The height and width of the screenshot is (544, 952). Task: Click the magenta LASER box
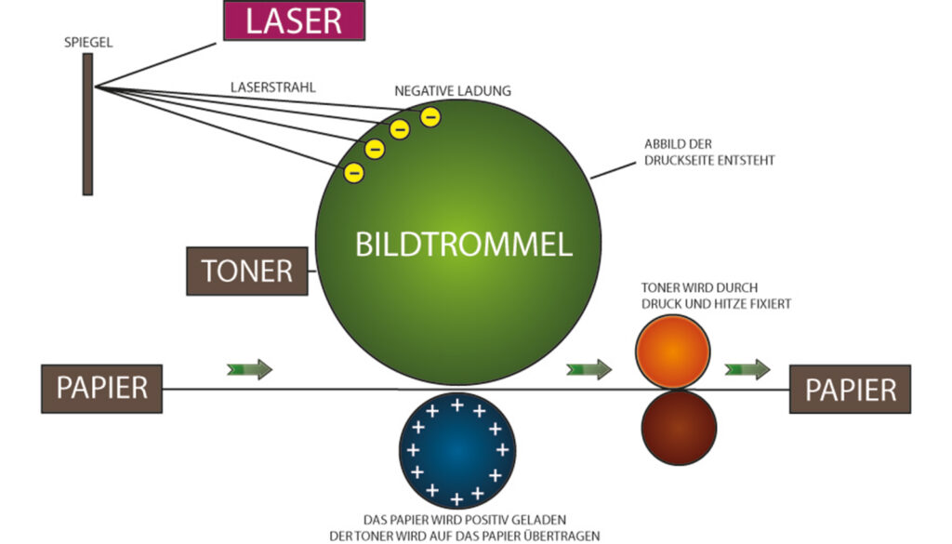point(294,20)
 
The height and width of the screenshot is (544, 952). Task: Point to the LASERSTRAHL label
point(274,86)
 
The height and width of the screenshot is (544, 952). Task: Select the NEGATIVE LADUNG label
point(453,91)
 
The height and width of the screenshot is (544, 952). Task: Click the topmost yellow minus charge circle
point(430,116)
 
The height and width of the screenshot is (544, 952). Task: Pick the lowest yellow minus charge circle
point(354,172)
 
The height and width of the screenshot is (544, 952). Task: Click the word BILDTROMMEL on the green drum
point(463,245)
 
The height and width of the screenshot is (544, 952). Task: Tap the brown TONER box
point(246,272)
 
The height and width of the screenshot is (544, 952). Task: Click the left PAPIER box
point(101,388)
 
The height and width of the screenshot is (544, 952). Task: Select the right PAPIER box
point(850,389)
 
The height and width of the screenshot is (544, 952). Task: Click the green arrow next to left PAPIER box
point(249,369)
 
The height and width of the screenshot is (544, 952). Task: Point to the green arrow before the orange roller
point(589,369)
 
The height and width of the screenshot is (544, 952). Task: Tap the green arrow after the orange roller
point(748,369)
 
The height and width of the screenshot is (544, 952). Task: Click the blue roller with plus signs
point(456,449)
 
